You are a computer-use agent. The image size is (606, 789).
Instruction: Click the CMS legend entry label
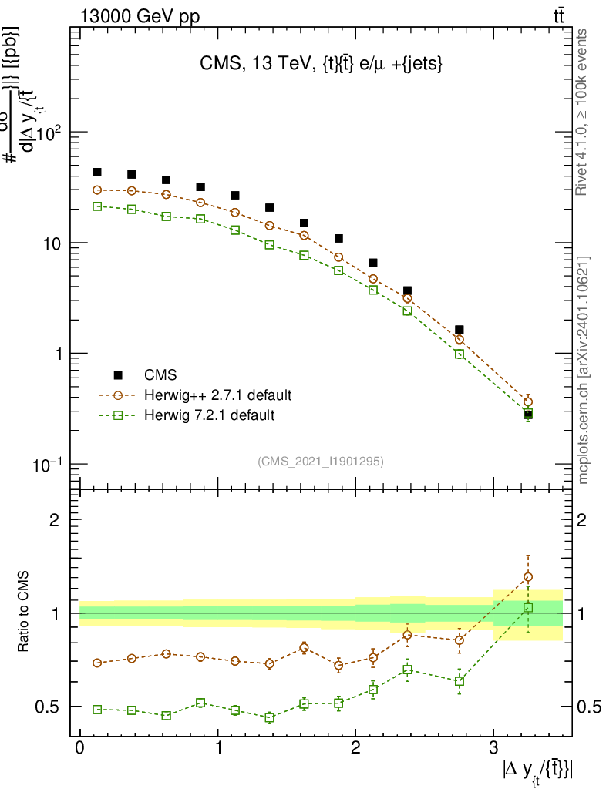click(x=160, y=375)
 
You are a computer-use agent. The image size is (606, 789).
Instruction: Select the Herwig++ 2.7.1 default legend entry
click(x=217, y=395)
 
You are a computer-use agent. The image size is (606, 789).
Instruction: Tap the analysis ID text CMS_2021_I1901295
click(x=321, y=461)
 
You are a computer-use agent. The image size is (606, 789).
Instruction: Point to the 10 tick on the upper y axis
click(x=51, y=243)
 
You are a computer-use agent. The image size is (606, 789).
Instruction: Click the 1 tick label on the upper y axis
click(x=56, y=354)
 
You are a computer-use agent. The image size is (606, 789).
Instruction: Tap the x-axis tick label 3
click(x=493, y=747)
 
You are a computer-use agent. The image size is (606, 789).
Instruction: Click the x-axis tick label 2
click(x=355, y=747)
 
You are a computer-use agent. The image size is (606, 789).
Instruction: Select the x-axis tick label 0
click(x=79, y=747)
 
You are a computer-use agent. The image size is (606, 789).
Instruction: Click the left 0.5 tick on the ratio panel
click(x=49, y=707)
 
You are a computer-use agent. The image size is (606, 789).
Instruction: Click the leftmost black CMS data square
click(x=97, y=172)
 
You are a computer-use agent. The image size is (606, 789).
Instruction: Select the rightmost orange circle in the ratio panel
click(x=528, y=576)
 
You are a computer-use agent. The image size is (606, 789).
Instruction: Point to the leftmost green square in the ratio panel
click(x=97, y=709)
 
